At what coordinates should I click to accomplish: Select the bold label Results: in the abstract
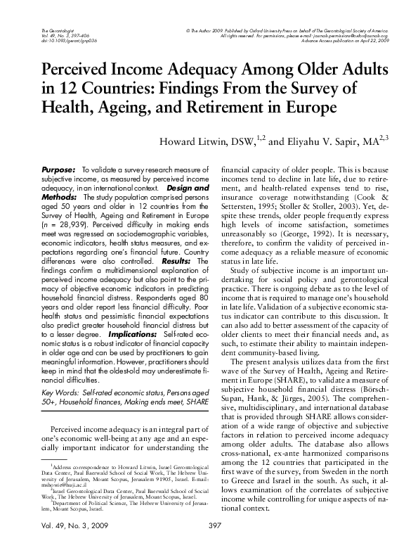pos(172,261)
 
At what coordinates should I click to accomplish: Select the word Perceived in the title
pos(76,72)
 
